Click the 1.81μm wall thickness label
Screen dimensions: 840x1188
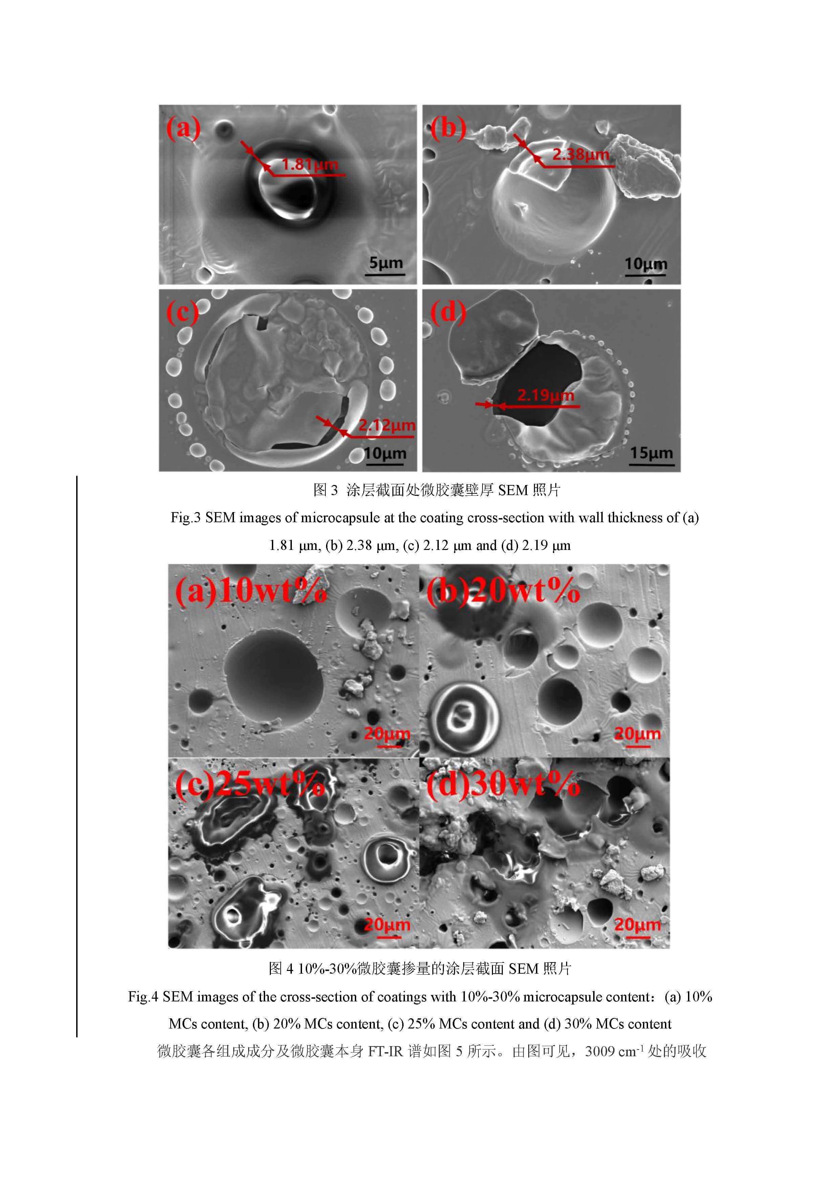(309, 165)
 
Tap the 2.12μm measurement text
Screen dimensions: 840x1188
(387, 425)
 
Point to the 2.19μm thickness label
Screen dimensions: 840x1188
(546, 396)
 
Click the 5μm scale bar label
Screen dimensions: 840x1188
(386, 262)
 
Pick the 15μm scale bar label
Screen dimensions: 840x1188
(651, 453)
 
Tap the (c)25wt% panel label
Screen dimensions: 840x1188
(250, 784)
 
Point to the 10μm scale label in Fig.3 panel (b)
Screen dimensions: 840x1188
(646, 264)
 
